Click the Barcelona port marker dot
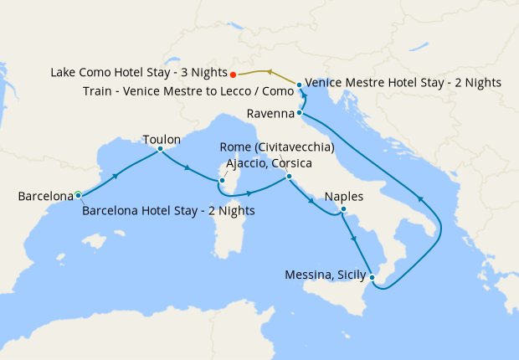pyautogui.click(x=78, y=195)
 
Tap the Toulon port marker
pyautogui.click(x=159, y=150)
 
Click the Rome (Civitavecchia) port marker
pyautogui.click(x=288, y=176)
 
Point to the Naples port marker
pyautogui.click(x=343, y=208)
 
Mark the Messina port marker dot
pyautogui.click(x=373, y=276)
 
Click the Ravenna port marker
pyautogui.click(x=298, y=113)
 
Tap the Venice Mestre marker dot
pyautogui.click(x=300, y=85)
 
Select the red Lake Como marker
pyautogui.click(x=233, y=73)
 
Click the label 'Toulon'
pyautogui.click(x=162, y=138)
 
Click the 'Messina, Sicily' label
pyautogui.click(x=326, y=274)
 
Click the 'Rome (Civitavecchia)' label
pyautogui.click(x=277, y=148)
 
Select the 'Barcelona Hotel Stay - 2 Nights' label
pyautogui.click(x=168, y=210)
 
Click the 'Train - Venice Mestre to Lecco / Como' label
pyautogui.click(x=191, y=90)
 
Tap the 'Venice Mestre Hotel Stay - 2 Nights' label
pyautogui.click(x=403, y=83)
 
